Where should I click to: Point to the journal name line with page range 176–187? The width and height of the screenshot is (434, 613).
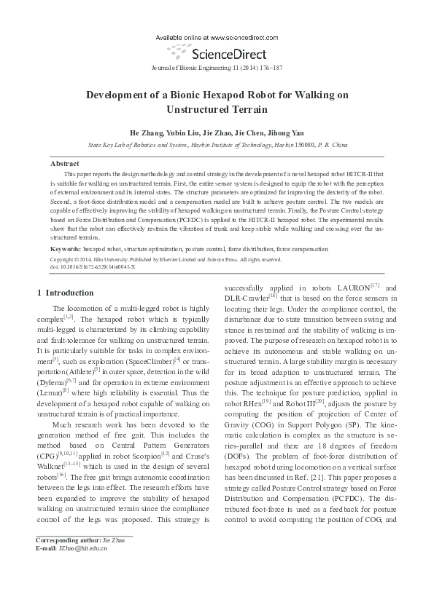(217, 66)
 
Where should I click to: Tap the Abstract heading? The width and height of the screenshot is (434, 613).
(64, 164)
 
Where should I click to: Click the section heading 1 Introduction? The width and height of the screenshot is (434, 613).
(65, 293)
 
